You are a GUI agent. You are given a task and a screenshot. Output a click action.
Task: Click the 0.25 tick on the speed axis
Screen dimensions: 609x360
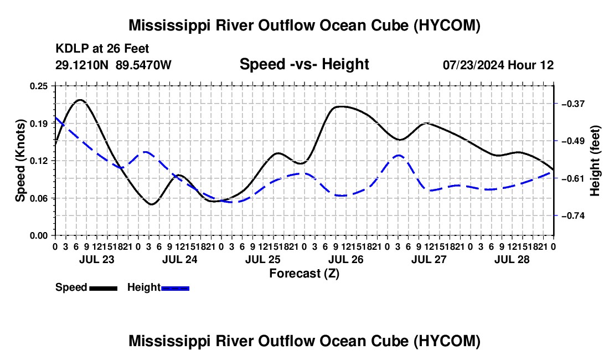[x=38, y=86]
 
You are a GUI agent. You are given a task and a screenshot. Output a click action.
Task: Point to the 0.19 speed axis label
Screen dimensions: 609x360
[x=38, y=124]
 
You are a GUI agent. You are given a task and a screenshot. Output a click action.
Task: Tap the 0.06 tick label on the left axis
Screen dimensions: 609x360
[x=38, y=198]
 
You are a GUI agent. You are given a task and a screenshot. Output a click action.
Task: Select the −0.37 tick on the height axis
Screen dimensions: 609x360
[x=573, y=104]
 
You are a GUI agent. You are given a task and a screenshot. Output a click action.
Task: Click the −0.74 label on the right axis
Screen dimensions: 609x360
[x=573, y=216]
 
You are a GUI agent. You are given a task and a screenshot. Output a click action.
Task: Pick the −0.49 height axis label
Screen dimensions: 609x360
[x=573, y=141]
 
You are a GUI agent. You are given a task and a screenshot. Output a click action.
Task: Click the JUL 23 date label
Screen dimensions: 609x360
[x=97, y=259]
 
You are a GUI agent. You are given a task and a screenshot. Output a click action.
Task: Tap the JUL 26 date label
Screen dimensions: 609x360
[x=345, y=259]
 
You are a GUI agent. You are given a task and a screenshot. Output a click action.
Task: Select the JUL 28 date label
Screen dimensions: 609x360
[x=512, y=259]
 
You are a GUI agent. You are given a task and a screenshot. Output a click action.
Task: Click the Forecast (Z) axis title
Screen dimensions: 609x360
[x=304, y=274]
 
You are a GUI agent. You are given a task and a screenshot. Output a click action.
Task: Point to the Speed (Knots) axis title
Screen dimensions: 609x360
[x=20, y=161]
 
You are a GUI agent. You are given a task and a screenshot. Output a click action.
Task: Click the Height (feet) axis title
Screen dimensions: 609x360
[x=595, y=161]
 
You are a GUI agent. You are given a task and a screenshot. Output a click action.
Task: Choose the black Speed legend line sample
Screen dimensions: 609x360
[x=104, y=289]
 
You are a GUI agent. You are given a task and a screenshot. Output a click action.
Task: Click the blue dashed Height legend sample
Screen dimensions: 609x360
[x=175, y=289]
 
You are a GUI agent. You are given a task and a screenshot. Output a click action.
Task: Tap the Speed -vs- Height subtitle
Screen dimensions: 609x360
[x=304, y=64]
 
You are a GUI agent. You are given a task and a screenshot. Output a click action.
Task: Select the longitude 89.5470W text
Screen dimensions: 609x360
[x=143, y=65]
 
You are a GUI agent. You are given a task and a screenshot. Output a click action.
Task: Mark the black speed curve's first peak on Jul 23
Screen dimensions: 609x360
[x=80, y=100]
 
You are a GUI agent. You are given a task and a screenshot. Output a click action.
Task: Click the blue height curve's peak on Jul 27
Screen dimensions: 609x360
[x=399, y=155]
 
